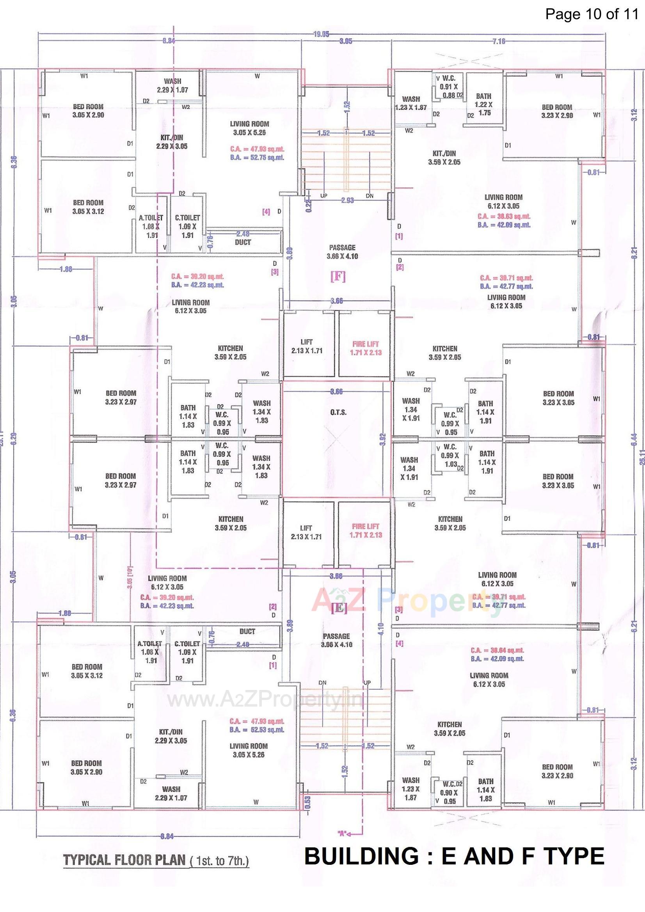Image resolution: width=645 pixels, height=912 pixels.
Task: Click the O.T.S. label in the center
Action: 338,412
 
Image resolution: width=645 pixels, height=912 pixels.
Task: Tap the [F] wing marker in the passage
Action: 338,277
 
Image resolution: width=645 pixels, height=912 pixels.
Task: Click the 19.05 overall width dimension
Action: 321,35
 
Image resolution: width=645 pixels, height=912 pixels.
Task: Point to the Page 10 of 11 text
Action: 592,14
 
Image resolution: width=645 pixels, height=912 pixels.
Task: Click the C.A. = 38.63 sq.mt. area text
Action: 503,217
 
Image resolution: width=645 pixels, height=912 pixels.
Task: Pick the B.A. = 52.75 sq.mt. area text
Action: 257,158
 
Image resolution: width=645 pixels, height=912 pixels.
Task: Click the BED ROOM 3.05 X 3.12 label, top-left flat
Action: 88,207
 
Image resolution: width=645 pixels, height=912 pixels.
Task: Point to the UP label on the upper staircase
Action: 324,196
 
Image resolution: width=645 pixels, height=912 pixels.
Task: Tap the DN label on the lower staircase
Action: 323,682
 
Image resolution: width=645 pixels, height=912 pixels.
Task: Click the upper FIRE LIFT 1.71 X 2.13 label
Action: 365,348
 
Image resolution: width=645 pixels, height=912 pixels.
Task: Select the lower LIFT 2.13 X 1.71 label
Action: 306,532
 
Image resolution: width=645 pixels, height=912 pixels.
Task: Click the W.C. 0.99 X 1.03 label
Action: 450,455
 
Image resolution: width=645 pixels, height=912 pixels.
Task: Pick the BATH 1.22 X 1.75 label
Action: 483,104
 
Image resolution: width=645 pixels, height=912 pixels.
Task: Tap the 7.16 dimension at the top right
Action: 498,41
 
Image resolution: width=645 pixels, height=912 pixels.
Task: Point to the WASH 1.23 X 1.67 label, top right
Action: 411,103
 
